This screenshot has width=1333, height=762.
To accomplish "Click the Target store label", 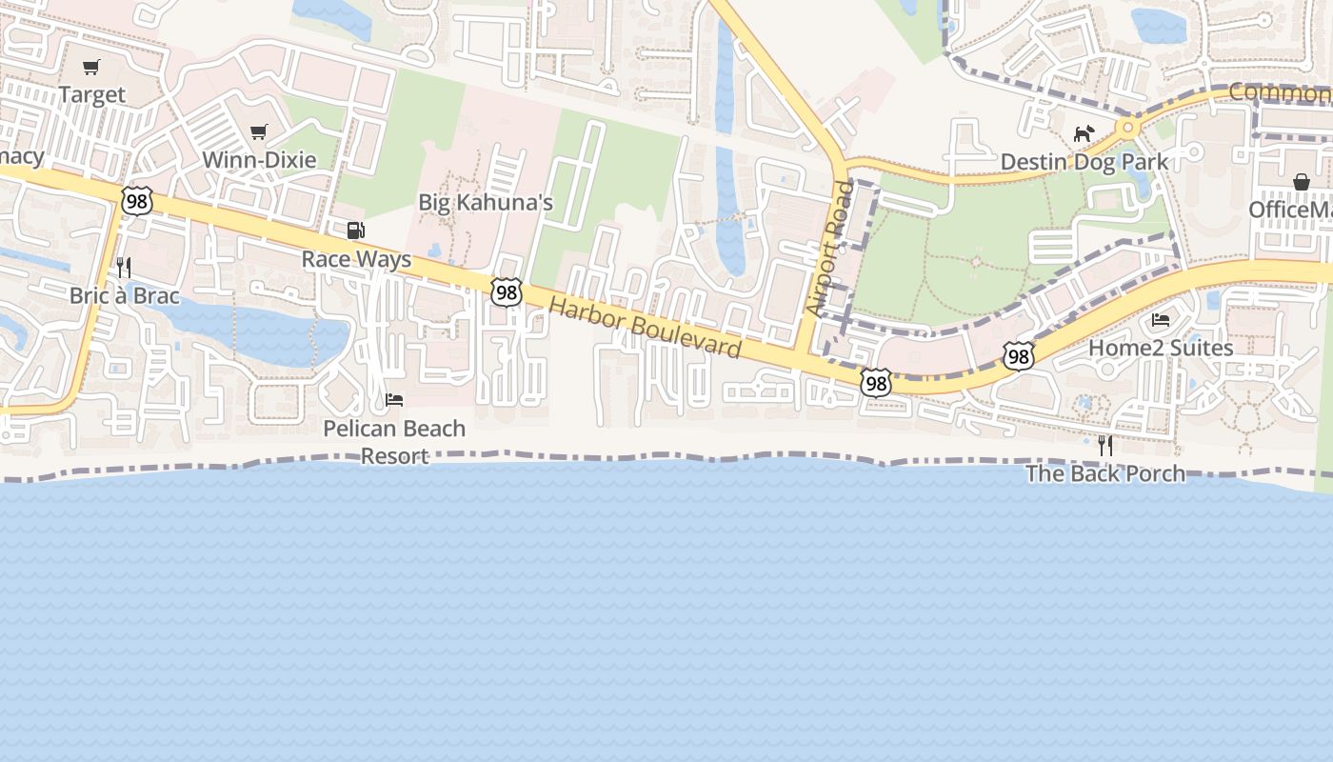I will (x=91, y=94).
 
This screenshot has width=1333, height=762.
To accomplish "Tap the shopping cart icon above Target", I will (x=91, y=68).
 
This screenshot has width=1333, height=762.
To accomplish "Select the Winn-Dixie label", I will (x=259, y=159).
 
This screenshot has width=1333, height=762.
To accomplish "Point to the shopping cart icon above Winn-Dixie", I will (x=258, y=132).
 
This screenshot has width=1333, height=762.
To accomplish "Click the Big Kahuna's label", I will (x=486, y=202).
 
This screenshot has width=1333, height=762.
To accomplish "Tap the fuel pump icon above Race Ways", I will (x=355, y=230).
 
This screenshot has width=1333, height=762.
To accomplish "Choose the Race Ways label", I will (x=356, y=259).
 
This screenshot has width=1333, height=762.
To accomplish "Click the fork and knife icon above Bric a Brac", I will (x=123, y=267).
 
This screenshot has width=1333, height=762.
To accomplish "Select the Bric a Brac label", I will (x=124, y=295).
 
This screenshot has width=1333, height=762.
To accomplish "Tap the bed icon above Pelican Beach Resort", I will (x=394, y=399).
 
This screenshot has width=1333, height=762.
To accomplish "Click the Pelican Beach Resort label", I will (x=394, y=442).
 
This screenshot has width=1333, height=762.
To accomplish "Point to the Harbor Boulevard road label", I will (x=646, y=328).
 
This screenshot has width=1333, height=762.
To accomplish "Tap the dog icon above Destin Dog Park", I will (x=1084, y=133).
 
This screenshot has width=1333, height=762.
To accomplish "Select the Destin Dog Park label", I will (x=1084, y=161).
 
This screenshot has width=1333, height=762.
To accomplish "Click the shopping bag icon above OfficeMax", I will (x=1301, y=182).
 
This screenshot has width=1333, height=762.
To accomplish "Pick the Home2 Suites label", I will (x=1161, y=348).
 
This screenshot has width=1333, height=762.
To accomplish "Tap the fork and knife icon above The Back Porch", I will (x=1104, y=445).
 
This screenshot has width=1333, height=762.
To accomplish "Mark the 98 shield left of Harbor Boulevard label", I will (x=507, y=293).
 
